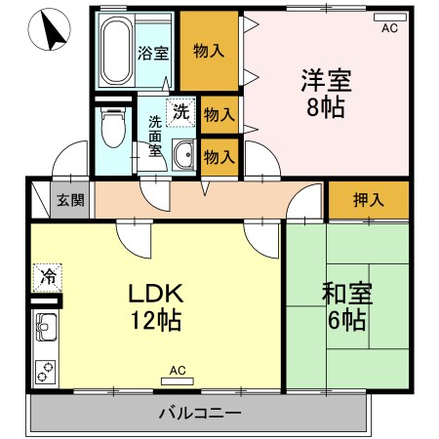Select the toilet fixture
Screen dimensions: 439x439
pyautogui.click(x=114, y=127)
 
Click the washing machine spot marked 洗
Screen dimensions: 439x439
pyautogui.click(x=180, y=111)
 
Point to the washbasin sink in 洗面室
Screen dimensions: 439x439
pyautogui.click(x=182, y=153)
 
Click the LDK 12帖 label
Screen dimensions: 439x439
pyautogui.click(x=152, y=306)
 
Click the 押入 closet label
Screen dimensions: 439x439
pyautogui.click(x=368, y=201)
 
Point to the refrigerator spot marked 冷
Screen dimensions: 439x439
pyautogui.click(x=45, y=277)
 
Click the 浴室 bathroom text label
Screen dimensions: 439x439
pyautogui.click(x=152, y=52)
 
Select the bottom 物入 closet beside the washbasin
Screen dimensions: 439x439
pyautogui.click(x=219, y=154)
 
